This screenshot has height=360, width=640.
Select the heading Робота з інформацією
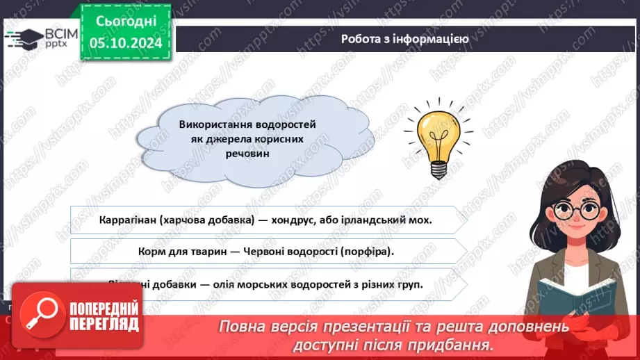tap(404, 39)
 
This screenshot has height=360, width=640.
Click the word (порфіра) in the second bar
tap(367, 252)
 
